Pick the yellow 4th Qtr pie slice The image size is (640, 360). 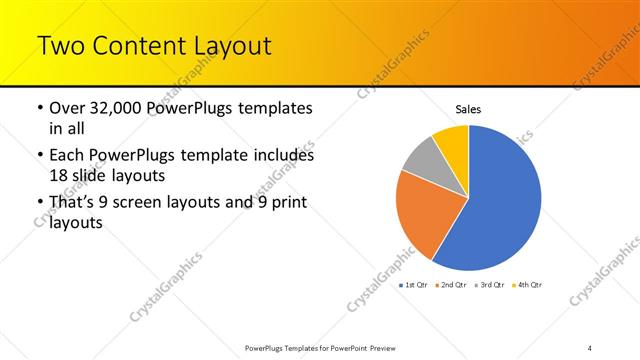453,141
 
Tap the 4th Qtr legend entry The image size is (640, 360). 530,286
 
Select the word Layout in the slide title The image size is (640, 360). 233,46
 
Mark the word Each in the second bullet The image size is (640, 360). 68,157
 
